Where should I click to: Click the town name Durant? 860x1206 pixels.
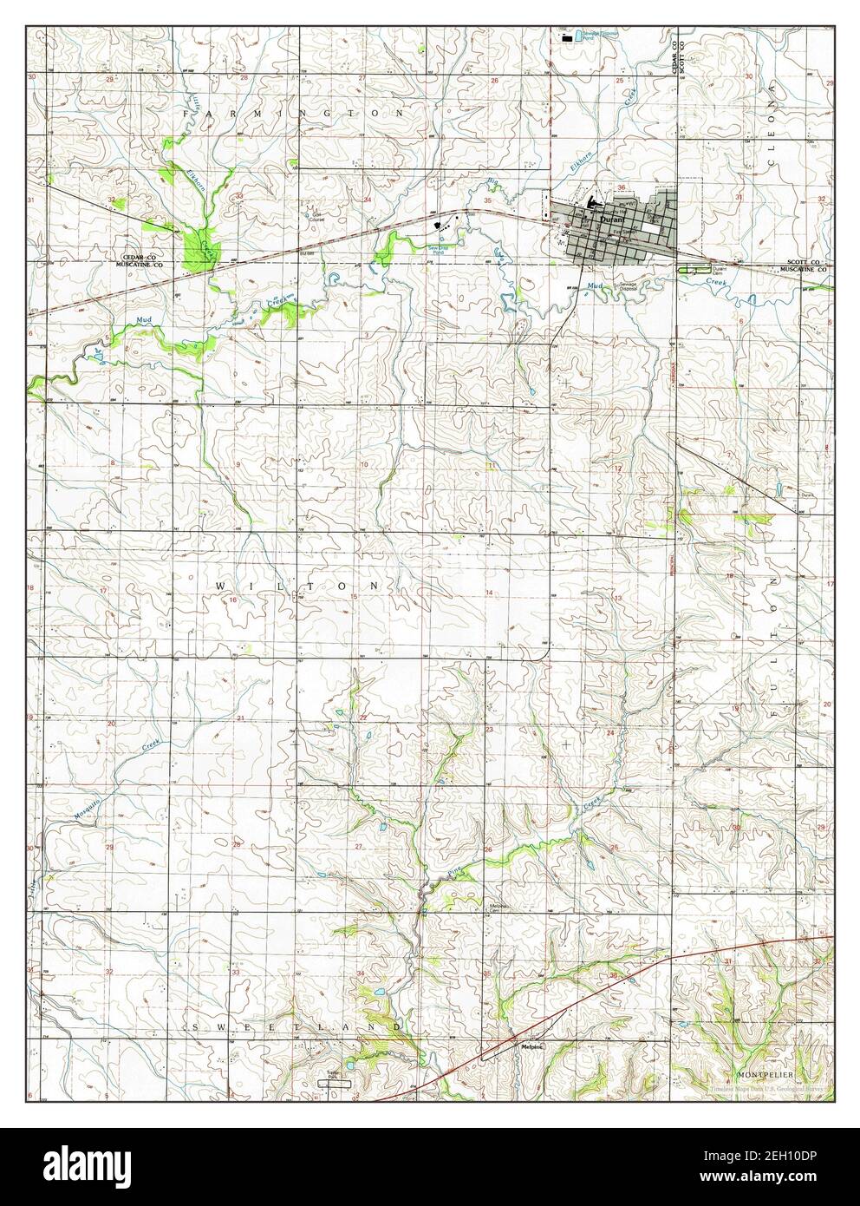pos(609,222)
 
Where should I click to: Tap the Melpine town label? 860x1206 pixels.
pos(531,1046)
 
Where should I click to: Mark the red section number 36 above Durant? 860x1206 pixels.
pos(621,189)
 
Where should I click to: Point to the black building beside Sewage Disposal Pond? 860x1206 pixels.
pos(567,38)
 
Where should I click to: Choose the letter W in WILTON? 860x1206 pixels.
pos(219,587)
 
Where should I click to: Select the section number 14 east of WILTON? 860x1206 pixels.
pos(488,593)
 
